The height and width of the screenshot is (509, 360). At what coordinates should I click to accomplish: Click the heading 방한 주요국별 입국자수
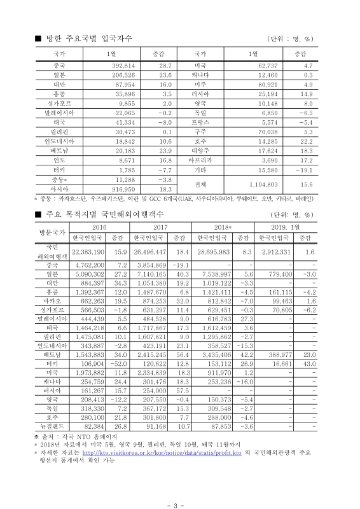(x=88, y=39)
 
